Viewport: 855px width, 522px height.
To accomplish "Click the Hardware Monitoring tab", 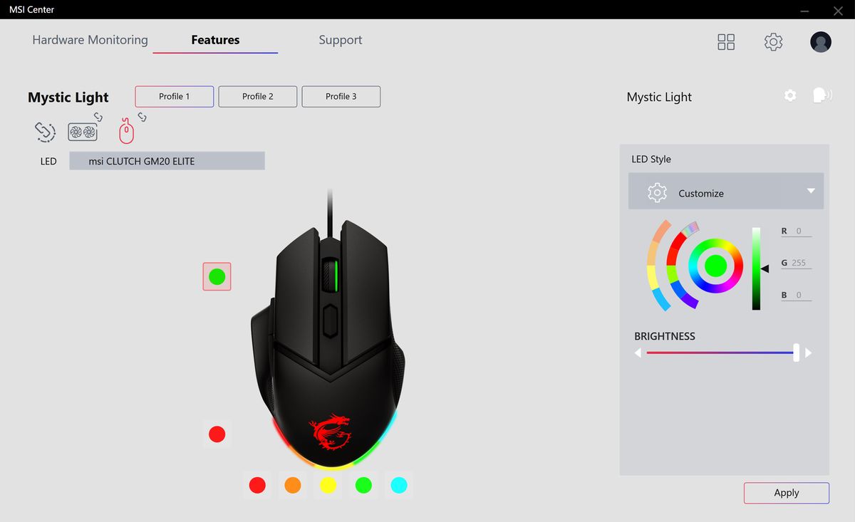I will [90, 40].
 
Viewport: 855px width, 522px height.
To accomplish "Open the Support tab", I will [340, 40].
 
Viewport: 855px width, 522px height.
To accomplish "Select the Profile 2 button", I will [257, 96].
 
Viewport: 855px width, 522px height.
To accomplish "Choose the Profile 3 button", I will [341, 96].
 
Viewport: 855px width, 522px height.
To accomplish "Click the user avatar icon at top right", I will [821, 42].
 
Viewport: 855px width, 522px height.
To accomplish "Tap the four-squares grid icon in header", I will [726, 42].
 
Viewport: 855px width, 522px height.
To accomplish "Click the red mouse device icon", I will [126, 131].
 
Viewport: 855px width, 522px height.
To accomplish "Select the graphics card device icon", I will [83, 132].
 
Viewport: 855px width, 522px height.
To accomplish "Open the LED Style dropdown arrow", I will [810, 191].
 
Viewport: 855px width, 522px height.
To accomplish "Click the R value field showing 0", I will [799, 231].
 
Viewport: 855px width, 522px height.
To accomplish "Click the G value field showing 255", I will [799, 263].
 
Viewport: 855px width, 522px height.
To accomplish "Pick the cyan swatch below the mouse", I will [399, 485].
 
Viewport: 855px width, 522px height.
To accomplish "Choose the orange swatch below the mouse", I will [293, 485].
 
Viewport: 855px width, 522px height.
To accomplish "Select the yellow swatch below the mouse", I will [328, 485].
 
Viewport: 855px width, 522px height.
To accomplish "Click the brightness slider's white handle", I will [796, 353].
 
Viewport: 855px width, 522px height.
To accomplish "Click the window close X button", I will [838, 10].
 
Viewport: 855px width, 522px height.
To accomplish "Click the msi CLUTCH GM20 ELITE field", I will [167, 161].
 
